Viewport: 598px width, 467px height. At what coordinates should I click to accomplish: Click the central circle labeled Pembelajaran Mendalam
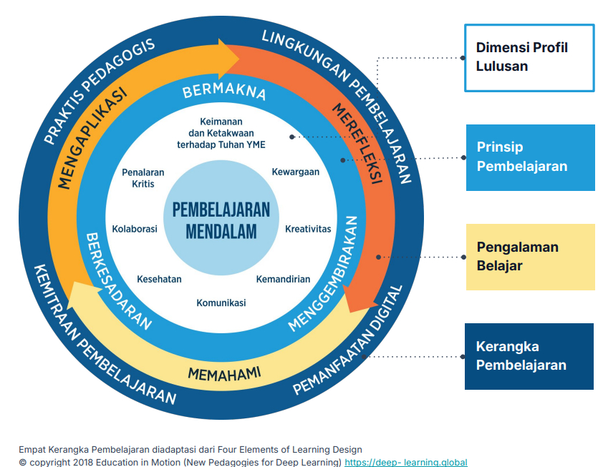point(221,221)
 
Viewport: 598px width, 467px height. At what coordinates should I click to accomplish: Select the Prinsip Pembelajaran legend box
point(530,157)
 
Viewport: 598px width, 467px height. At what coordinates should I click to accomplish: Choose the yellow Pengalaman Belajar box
point(530,257)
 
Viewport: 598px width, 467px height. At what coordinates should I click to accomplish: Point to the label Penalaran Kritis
point(143,178)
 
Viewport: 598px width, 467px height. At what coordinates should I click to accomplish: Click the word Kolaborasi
point(135,229)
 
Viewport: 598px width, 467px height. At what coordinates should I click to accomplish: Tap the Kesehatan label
point(159,279)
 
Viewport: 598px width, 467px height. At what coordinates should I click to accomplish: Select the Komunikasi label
point(221,303)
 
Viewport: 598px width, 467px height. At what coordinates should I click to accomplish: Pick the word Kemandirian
point(284,279)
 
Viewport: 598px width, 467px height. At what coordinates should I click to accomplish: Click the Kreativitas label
point(308,229)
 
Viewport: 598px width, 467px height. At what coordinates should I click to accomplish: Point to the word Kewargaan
point(296,172)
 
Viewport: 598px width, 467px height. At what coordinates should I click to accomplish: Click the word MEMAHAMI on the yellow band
point(224,373)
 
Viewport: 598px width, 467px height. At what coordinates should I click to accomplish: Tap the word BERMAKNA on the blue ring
point(224,92)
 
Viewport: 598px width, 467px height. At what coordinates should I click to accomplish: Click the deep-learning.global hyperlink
point(406,462)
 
